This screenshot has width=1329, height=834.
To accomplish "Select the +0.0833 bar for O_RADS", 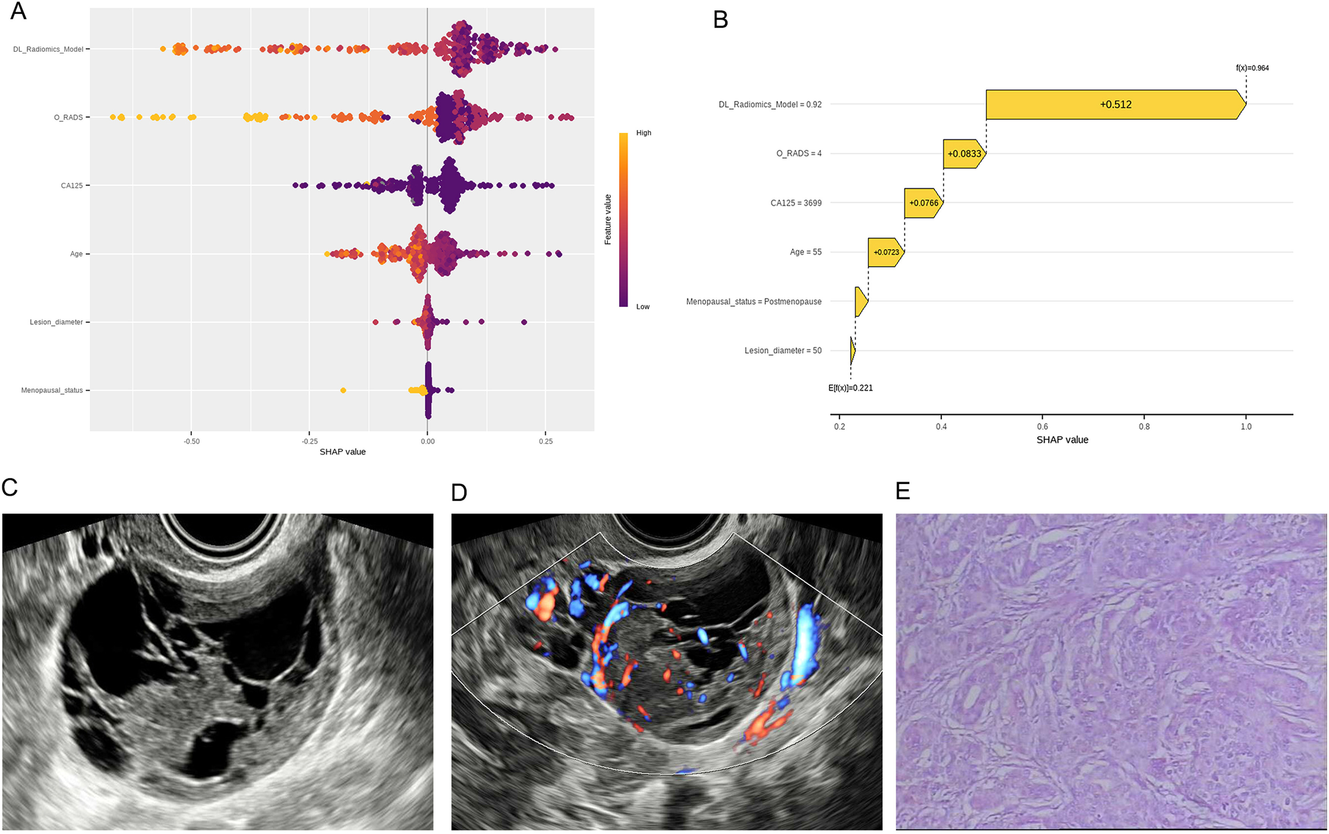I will pos(964,153).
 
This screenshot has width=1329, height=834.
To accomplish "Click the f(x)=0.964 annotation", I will pos(1252,68).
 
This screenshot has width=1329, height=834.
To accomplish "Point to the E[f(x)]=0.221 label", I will pos(850,388).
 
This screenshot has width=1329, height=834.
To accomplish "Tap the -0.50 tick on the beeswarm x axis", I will pos(191,441).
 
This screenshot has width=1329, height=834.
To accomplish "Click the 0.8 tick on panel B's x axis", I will pos(1144,426).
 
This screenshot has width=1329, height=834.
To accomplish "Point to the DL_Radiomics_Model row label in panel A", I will pos(48,49).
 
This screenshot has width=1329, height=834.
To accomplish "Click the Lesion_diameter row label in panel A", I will pos(56,322).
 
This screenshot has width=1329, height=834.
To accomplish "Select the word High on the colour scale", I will pos(643,133).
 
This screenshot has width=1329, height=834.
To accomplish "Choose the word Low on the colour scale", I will pos(643,307).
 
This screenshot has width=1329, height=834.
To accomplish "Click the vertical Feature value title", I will pos(608,219).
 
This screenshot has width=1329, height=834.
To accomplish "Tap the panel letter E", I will pos(903,490).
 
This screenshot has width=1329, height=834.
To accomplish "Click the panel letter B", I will pos(720,20).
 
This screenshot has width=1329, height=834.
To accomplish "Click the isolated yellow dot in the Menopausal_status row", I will pos(343,391).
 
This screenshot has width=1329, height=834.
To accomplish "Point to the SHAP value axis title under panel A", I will pos(343,452).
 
